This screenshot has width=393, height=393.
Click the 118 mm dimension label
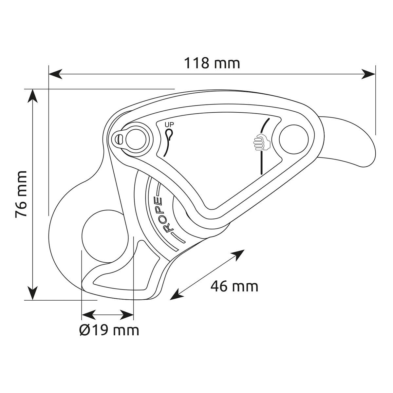[x=212, y=63]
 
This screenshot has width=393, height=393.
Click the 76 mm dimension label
[x=21, y=195]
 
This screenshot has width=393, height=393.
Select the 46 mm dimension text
[x=234, y=287]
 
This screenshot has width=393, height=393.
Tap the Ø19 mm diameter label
[x=109, y=330]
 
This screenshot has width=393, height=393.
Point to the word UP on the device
[x=169, y=124]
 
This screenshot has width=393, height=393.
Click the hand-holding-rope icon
[x=262, y=142]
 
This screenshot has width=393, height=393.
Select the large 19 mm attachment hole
[x=105, y=236]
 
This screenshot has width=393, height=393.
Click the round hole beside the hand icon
[x=293, y=139]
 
